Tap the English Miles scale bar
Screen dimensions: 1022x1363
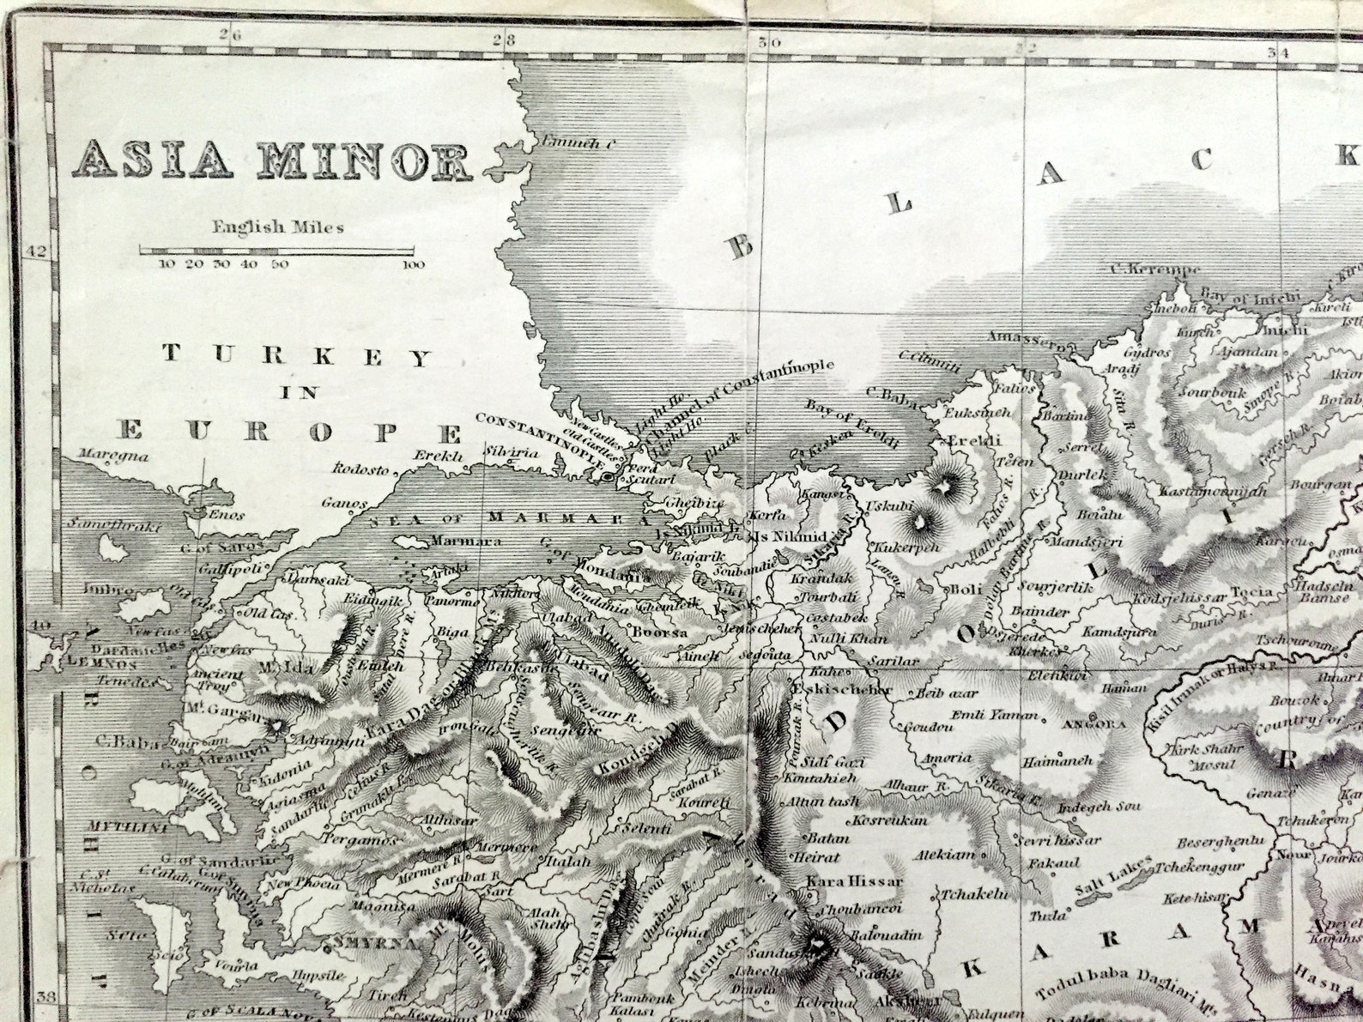click(x=282, y=251)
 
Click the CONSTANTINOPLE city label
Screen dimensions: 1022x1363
click(x=538, y=434)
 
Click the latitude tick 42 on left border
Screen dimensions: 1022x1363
click(x=36, y=251)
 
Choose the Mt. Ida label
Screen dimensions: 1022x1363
click(x=277, y=667)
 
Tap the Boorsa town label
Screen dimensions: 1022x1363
click(x=661, y=632)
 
